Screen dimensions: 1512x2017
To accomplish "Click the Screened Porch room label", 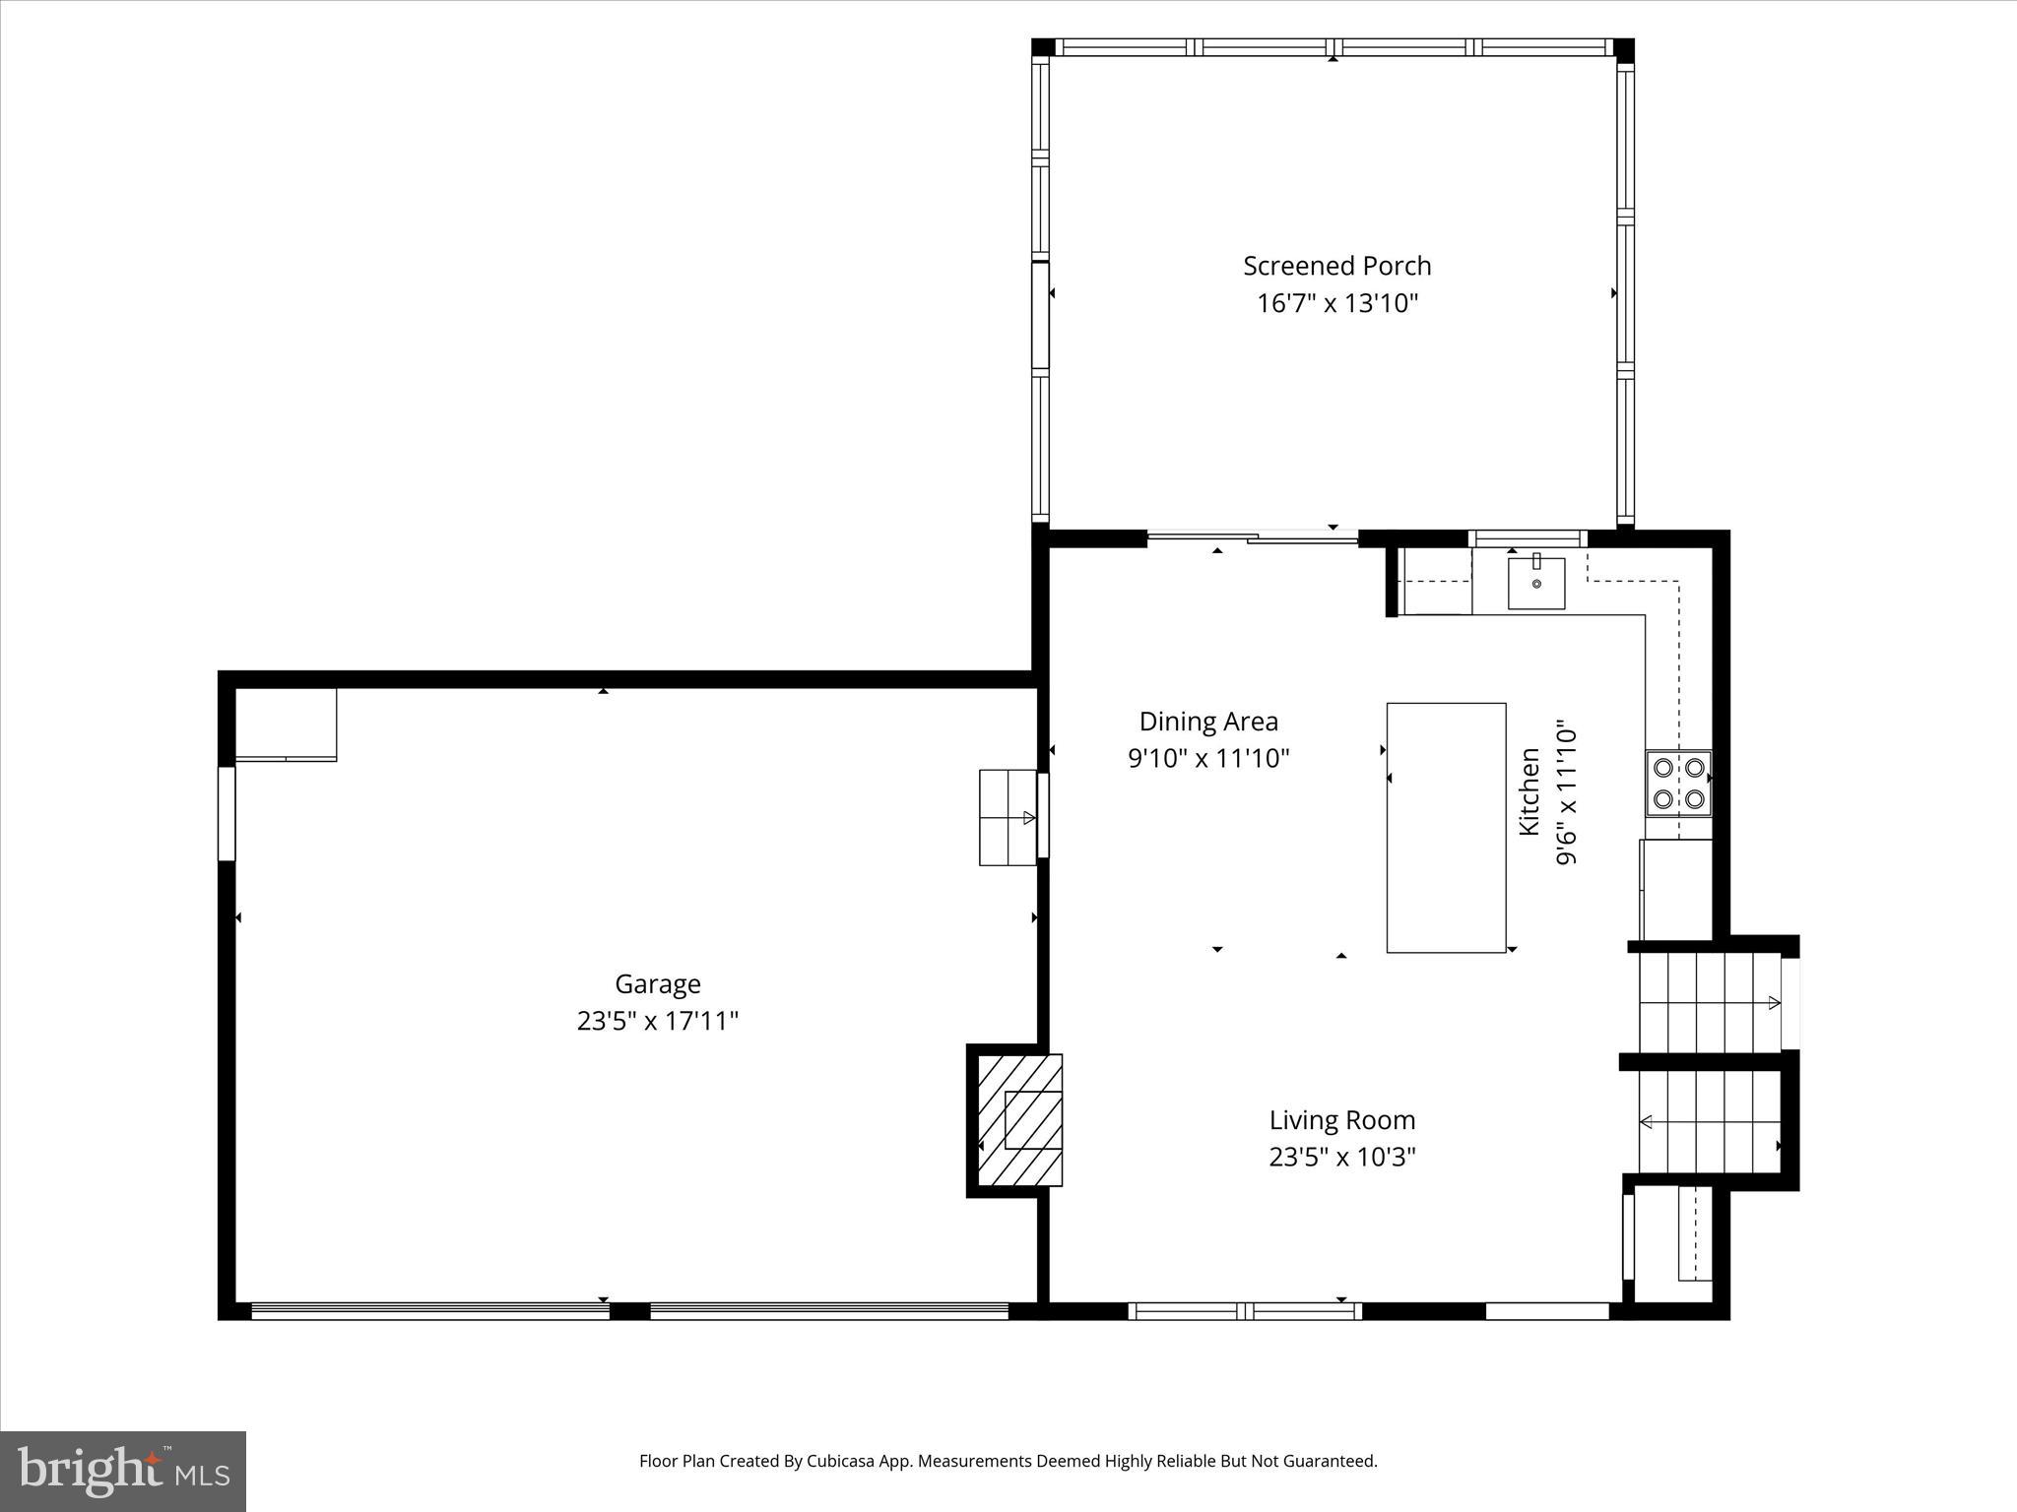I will click(x=1336, y=266).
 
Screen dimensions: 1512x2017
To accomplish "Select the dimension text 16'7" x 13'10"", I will click(x=1336, y=303).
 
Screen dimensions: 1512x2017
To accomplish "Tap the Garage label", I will click(x=657, y=983).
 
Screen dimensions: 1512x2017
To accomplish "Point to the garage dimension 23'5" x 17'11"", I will click(x=657, y=1021).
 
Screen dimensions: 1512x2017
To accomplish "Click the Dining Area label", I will click(x=1208, y=722).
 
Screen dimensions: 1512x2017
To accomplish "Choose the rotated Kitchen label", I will click(x=1529, y=792).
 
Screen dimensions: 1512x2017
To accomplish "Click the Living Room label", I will click(x=1341, y=1120).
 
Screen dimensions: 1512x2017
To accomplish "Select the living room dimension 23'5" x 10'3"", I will click(x=1341, y=1157).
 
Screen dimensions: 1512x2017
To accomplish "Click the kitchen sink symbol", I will click(x=1536, y=583).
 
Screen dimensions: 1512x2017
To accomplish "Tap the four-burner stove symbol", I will click(x=1678, y=784).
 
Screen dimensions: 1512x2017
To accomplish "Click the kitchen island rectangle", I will click(x=1446, y=828).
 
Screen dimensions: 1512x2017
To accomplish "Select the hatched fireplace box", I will click(x=1020, y=1120).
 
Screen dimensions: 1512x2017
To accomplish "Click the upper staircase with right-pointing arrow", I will click(x=1709, y=1003).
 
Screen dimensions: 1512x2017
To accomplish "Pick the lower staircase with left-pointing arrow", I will click(x=1709, y=1121).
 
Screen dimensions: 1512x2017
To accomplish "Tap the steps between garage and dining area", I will click(x=1008, y=817).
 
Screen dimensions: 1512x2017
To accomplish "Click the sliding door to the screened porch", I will click(x=1253, y=537).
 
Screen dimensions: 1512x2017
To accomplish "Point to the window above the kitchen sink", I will click(x=1528, y=538).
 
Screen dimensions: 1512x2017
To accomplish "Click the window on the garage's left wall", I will click(x=227, y=813).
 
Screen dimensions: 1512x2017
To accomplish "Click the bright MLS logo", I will click(x=123, y=1472).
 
